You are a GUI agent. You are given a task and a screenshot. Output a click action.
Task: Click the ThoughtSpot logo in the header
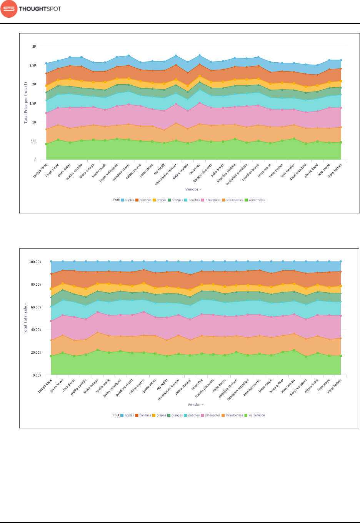(31, 9)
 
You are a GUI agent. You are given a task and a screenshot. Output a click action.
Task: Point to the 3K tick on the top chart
(34, 47)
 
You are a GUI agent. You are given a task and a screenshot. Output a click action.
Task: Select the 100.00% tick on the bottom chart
(35, 262)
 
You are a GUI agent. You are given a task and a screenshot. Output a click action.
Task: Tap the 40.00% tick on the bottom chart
(36, 330)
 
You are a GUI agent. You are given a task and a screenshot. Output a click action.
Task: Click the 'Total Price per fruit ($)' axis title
(26, 102)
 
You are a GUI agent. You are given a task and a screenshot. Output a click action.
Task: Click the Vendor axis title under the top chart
(193, 189)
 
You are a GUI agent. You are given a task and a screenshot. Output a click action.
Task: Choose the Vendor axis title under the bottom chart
(195, 405)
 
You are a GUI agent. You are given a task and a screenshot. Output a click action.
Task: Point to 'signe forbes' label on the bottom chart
(334, 386)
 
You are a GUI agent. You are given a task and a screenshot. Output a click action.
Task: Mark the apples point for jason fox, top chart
(199, 55)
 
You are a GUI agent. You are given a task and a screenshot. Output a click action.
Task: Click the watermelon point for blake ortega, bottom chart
(97, 350)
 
